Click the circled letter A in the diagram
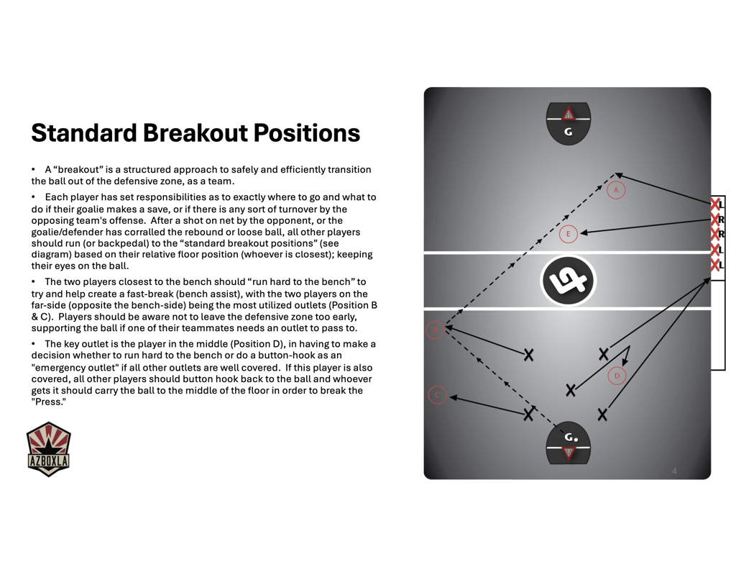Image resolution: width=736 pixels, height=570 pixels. click(x=616, y=190)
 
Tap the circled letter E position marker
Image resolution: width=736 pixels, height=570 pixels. click(x=569, y=234)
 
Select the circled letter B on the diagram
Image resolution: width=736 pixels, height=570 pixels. click(x=434, y=330)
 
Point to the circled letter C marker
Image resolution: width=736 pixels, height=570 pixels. click(x=437, y=395)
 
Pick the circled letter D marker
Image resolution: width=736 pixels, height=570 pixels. click(x=617, y=375)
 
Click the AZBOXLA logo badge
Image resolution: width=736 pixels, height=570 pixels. click(x=48, y=450)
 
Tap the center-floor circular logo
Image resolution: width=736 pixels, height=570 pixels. click(x=568, y=281)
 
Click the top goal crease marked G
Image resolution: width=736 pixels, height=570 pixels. click(x=568, y=124)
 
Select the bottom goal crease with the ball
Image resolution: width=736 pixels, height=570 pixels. click(x=569, y=443)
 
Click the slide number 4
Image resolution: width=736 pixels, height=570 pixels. click(x=674, y=471)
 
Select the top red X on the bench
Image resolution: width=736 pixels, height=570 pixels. click(x=715, y=204)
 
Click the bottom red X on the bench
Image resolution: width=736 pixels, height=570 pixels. click(x=715, y=265)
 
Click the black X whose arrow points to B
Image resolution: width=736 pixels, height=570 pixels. click(x=529, y=354)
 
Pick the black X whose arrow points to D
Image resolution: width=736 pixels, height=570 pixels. click(x=571, y=390)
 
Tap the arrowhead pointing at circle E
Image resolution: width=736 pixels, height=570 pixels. click(x=584, y=232)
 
